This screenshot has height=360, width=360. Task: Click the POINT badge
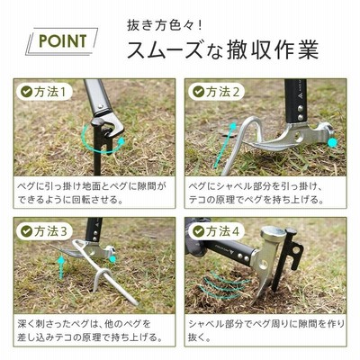click(62, 41)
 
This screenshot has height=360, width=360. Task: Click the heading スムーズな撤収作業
click(222, 49)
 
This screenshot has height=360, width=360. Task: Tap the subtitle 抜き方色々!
click(165, 25)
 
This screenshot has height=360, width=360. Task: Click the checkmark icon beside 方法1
click(26, 92)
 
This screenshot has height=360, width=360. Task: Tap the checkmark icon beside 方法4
click(199, 231)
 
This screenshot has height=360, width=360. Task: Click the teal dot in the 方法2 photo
click(332, 143)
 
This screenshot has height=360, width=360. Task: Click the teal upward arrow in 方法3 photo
click(61, 267)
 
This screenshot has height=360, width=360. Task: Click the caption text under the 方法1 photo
click(91, 193)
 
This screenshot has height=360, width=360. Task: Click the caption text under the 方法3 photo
click(90, 331)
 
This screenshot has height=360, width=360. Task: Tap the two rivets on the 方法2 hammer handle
click(300, 112)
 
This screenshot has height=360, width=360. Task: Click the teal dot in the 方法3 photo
click(112, 259)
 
